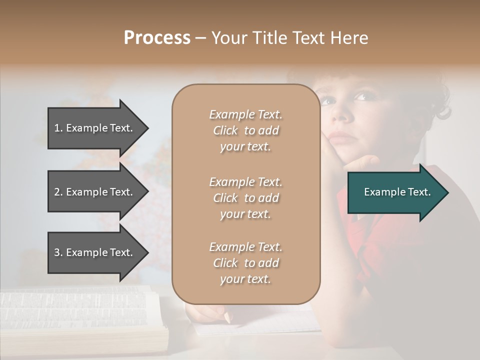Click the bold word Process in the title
(x=157, y=38)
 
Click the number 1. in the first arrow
(x=58, y=128)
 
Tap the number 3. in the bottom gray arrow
(x=58, y=252)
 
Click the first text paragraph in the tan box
(x=245, y=130)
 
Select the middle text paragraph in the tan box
(x=245, y=198)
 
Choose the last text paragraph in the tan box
(x=245, y=263)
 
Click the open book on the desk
(x=80, y=315)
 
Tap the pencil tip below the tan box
(x=227, y=317)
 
